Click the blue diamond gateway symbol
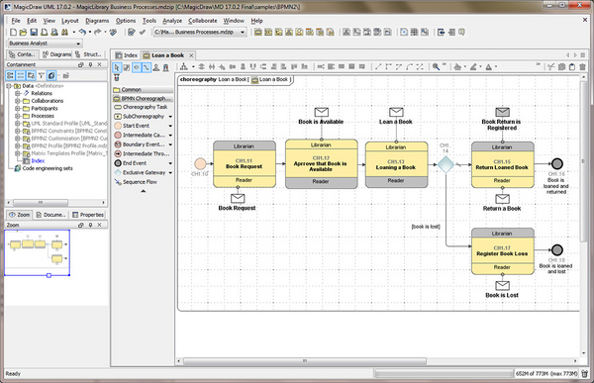445,164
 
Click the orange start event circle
201,164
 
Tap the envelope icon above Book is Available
321,112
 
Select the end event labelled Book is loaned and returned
556,164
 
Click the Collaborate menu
202,20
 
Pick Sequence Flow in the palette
140,182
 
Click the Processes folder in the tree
43,115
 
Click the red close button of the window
580,6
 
